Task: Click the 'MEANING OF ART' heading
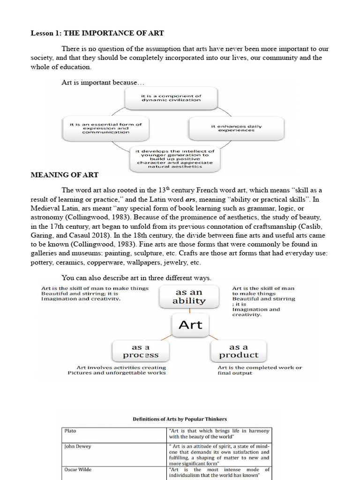coord(64,175)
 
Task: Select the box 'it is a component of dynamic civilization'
coord(171,97)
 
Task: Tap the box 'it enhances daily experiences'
coord(236,128)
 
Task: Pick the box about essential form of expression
coord(105,128)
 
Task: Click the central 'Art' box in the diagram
coord(190,324)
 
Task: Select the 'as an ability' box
coord(189,296)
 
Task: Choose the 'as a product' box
coord(238,351)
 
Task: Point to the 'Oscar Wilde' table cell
coord(114,472)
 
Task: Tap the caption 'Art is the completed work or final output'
coord(260,370)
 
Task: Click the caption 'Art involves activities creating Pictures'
coord(117,370)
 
